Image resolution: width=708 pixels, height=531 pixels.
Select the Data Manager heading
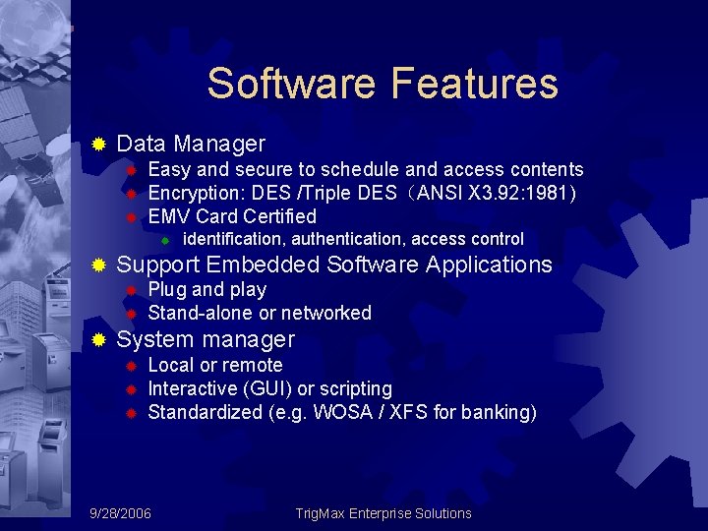(191, 144)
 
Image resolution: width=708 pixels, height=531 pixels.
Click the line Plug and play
(206, 289)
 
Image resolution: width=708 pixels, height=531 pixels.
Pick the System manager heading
(206, 339)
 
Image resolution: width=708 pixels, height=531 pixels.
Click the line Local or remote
(214, 365)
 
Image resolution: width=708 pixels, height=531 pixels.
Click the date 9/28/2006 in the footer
(120, 513)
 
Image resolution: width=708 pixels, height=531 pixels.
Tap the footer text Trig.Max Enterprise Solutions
(383, 513)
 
